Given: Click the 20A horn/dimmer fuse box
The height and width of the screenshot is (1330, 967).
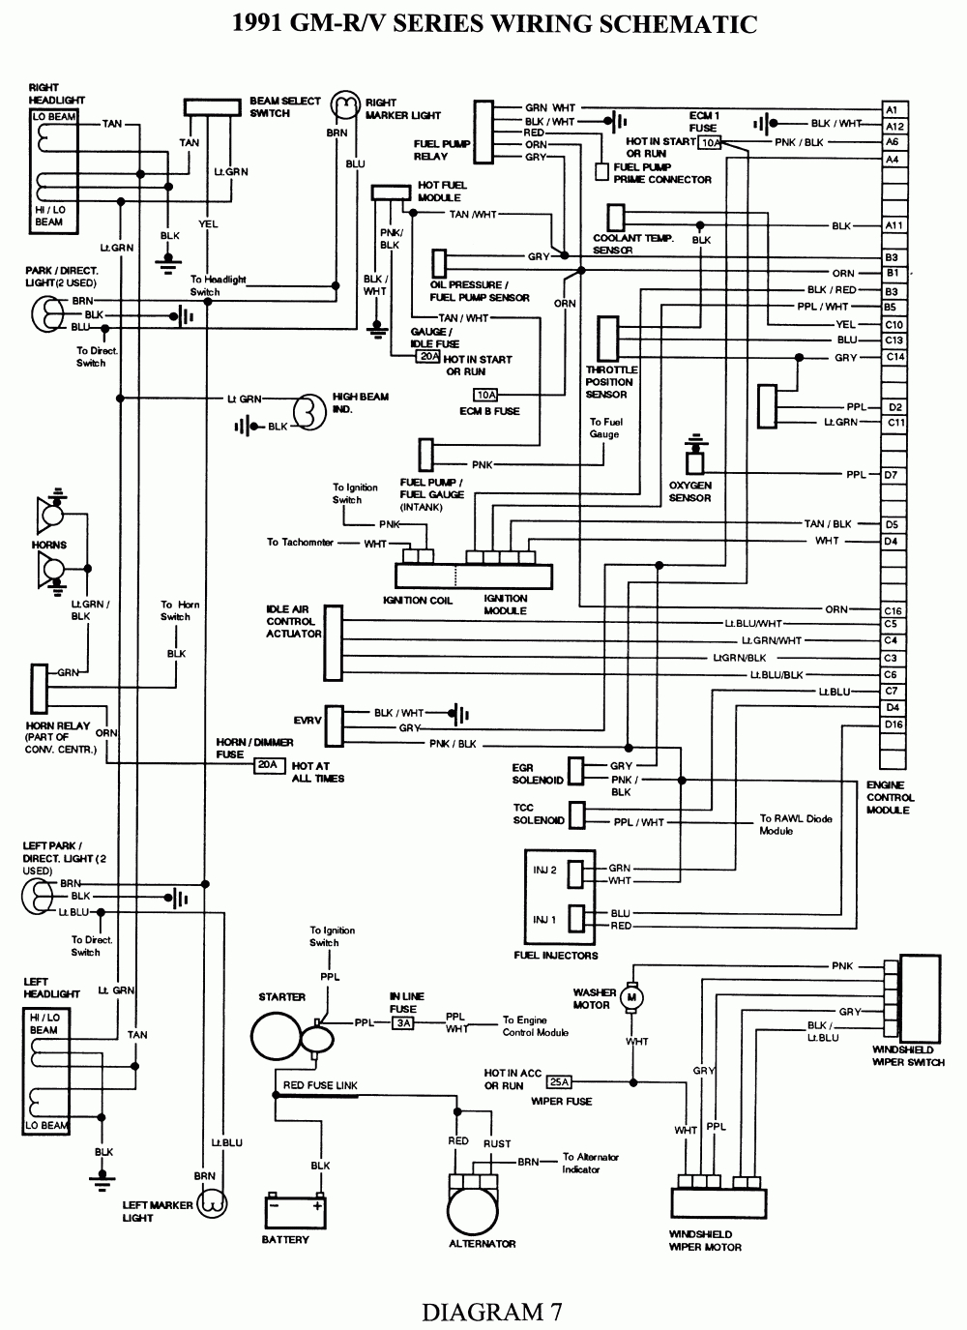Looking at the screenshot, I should (x=266, y=765).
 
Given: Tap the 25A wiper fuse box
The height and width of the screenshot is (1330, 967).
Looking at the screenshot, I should (x=559, y=1081).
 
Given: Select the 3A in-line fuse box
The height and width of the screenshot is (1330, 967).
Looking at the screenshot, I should (x=403, y=1022).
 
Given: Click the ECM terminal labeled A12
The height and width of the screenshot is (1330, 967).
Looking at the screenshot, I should (x=894, y=127).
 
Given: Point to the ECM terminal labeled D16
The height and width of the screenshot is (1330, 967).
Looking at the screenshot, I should (x=894, y=724).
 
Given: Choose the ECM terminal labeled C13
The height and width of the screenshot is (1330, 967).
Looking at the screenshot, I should (x=894, y=340).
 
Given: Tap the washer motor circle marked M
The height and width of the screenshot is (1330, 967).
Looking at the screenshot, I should (x=632, y=996).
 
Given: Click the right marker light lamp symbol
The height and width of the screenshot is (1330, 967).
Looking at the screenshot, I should (x=345, y=105).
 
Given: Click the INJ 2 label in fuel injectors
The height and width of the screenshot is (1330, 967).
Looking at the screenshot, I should (x=545, y=871).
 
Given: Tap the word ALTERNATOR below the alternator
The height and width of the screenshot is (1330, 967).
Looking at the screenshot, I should (x=482, y=1244).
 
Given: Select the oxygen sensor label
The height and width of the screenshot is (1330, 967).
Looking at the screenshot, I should (x=689, y=491).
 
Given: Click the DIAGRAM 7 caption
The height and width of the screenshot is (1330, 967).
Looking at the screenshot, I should (x=491, y=1312).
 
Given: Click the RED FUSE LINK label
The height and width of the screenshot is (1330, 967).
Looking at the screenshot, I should (x=320, y=1085).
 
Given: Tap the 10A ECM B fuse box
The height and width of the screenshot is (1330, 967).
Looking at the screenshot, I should (x=485, y=395).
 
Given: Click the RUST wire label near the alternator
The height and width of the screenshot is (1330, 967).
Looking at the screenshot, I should (x=497, y=1143).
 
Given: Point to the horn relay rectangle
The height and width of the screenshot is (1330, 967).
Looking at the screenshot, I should (x=40, y=688).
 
